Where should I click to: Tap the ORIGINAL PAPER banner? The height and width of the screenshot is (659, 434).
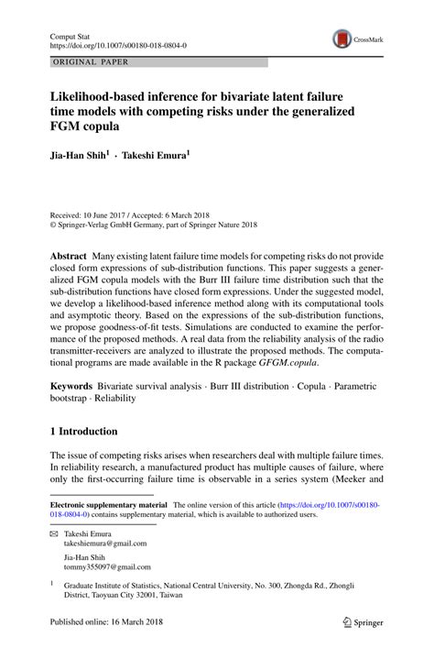tap(92, 62)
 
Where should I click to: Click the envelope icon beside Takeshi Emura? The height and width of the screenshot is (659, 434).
tap(53, 533)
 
